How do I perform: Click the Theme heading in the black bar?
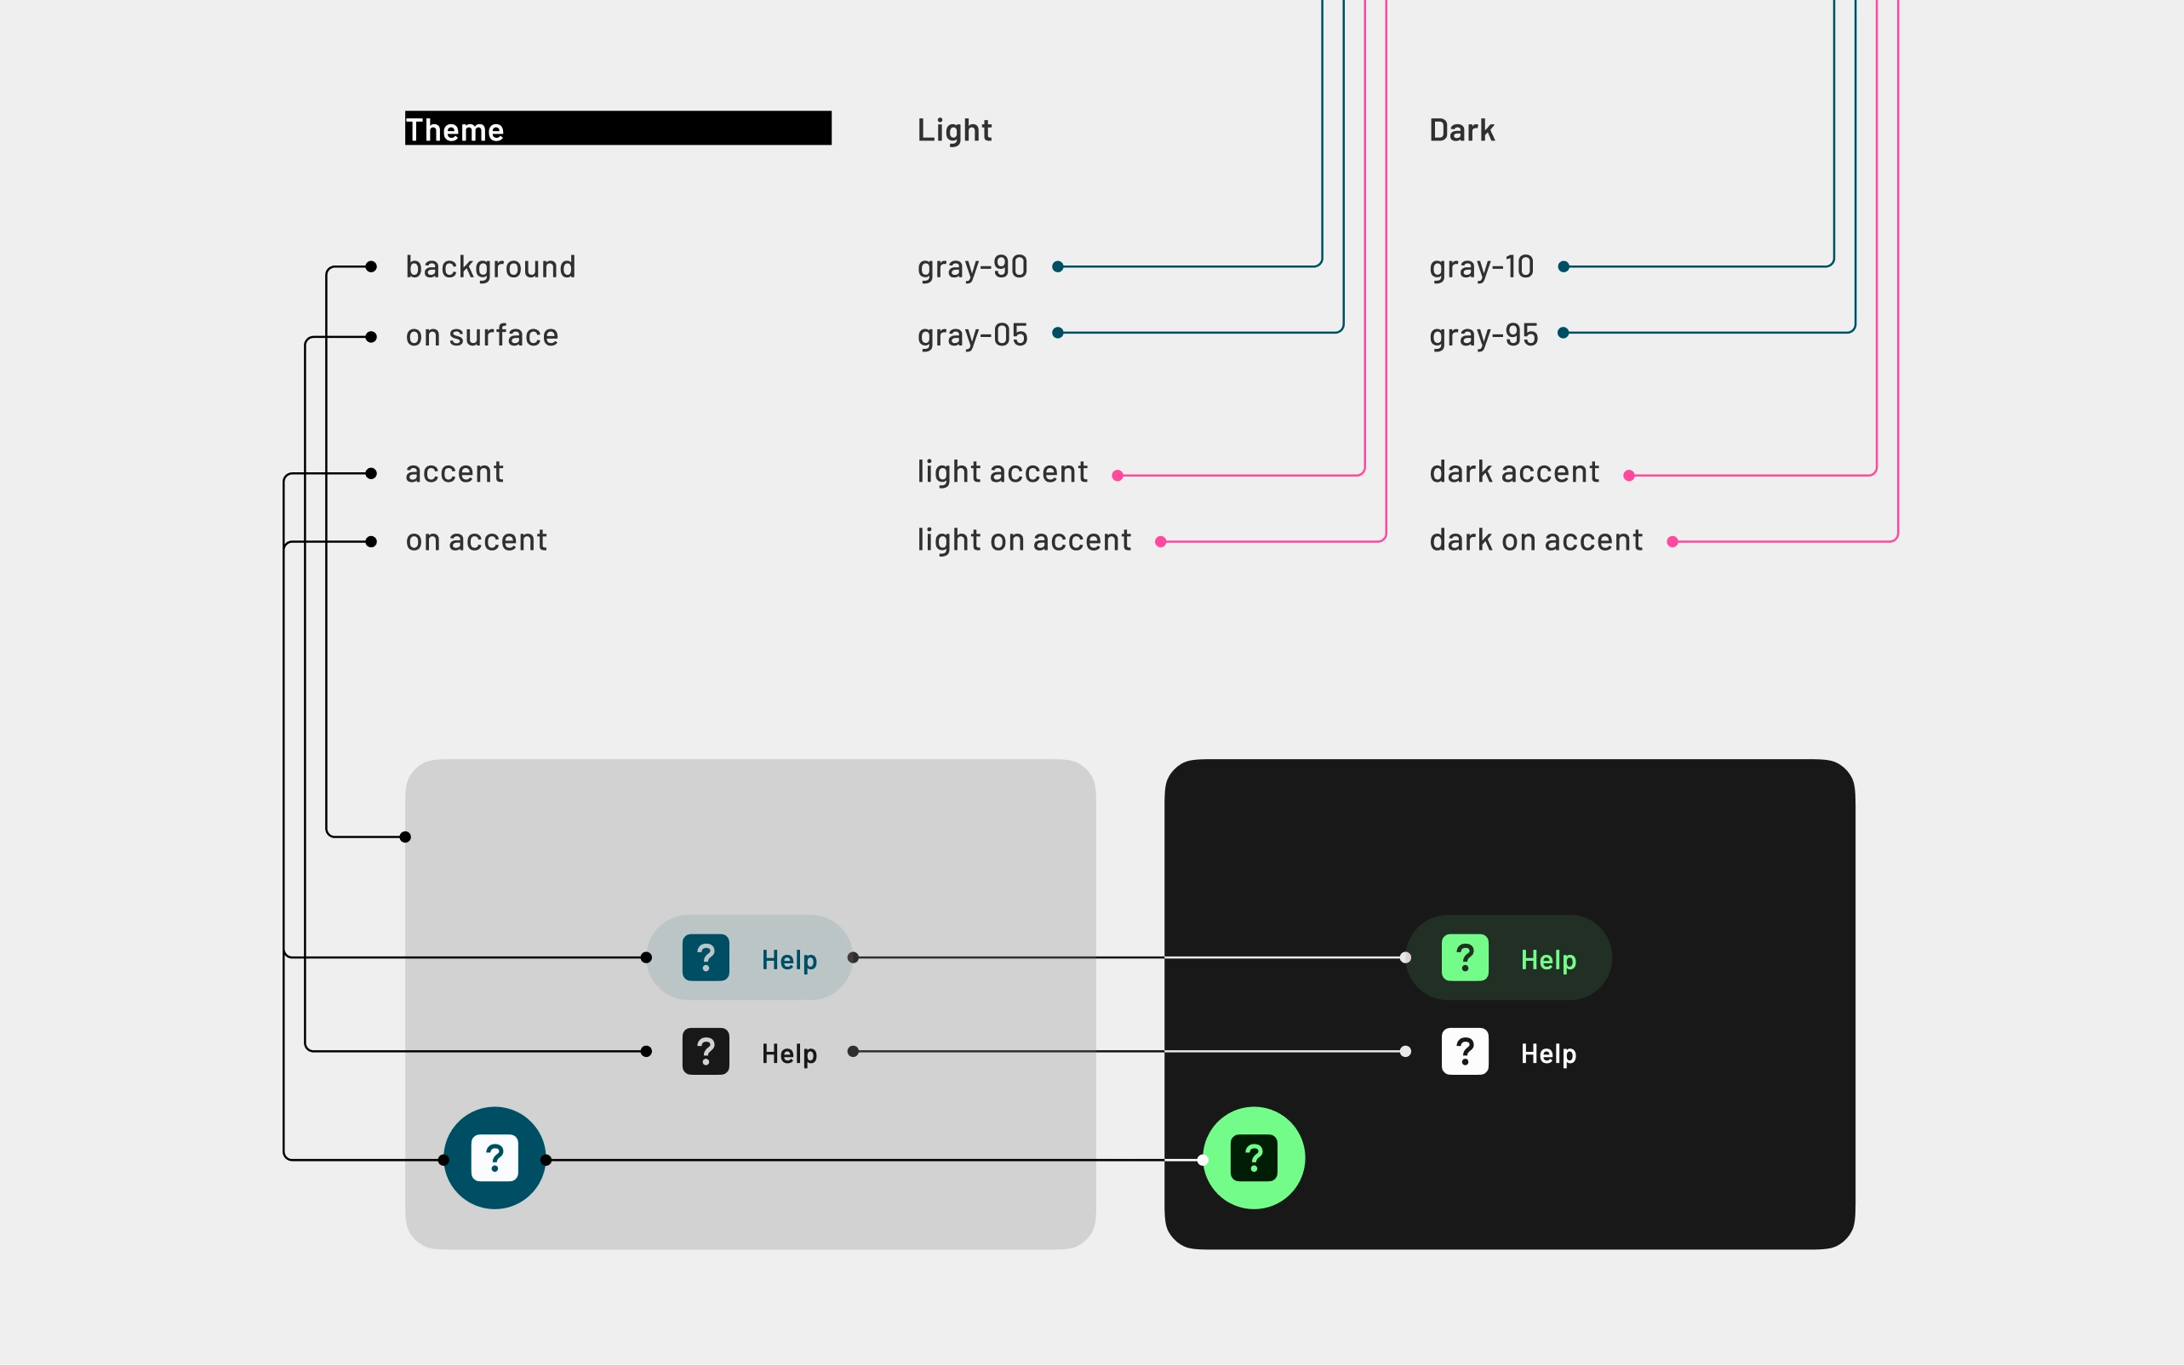(455, 129)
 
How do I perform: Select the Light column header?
(954, 130)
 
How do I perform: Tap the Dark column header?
(1461, 130)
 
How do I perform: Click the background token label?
(490, 267)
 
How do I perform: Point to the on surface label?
(482, 336)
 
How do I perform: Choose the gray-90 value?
(972, 267)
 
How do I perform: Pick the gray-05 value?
(972, 336)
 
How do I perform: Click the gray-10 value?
(1482, 267)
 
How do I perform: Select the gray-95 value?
(1484, 336)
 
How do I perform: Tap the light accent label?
(1002, 472)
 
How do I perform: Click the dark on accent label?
(1535, 540)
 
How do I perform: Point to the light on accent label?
(1024, 540)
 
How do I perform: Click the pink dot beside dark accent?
(1629, 476)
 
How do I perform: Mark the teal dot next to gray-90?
(1057, 266)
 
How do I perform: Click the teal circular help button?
(495, 1157)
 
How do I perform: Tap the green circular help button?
(1254, 1157)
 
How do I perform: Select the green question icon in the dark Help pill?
(1465, 957)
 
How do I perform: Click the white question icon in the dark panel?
(1465, 1051)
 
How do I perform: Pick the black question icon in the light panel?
(705, 1051)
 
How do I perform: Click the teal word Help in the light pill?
(789, 960)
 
